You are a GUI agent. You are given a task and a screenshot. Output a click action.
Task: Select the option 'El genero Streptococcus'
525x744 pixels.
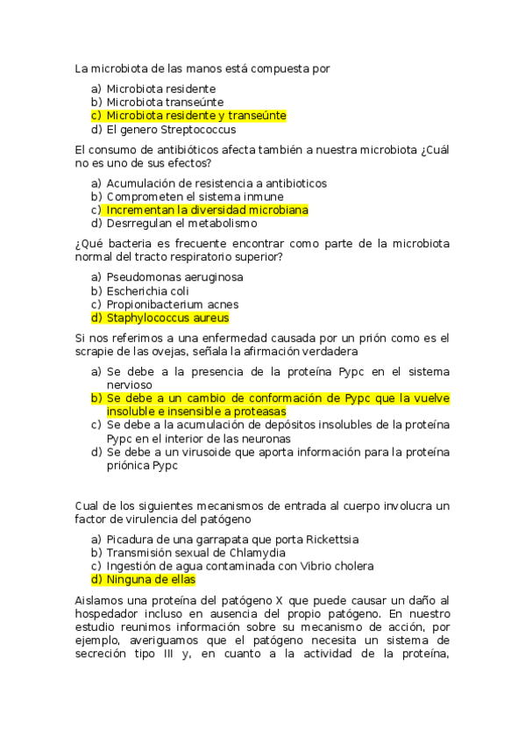171,130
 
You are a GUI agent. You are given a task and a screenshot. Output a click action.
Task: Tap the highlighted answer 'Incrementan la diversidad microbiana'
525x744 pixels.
207,211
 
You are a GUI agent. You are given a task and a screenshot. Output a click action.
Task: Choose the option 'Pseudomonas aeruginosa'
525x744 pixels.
174,277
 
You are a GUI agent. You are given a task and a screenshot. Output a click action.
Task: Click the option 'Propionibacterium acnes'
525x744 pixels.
172,304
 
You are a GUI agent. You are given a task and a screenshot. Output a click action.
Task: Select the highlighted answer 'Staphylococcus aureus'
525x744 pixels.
167,318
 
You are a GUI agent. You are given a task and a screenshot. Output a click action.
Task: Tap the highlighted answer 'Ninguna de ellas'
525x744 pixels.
150,580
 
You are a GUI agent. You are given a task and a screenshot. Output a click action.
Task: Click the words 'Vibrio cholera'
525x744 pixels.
333,567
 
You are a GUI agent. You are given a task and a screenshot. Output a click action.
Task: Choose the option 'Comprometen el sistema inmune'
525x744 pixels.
195,197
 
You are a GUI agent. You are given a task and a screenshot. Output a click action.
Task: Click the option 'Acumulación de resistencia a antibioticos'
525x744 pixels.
216,183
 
